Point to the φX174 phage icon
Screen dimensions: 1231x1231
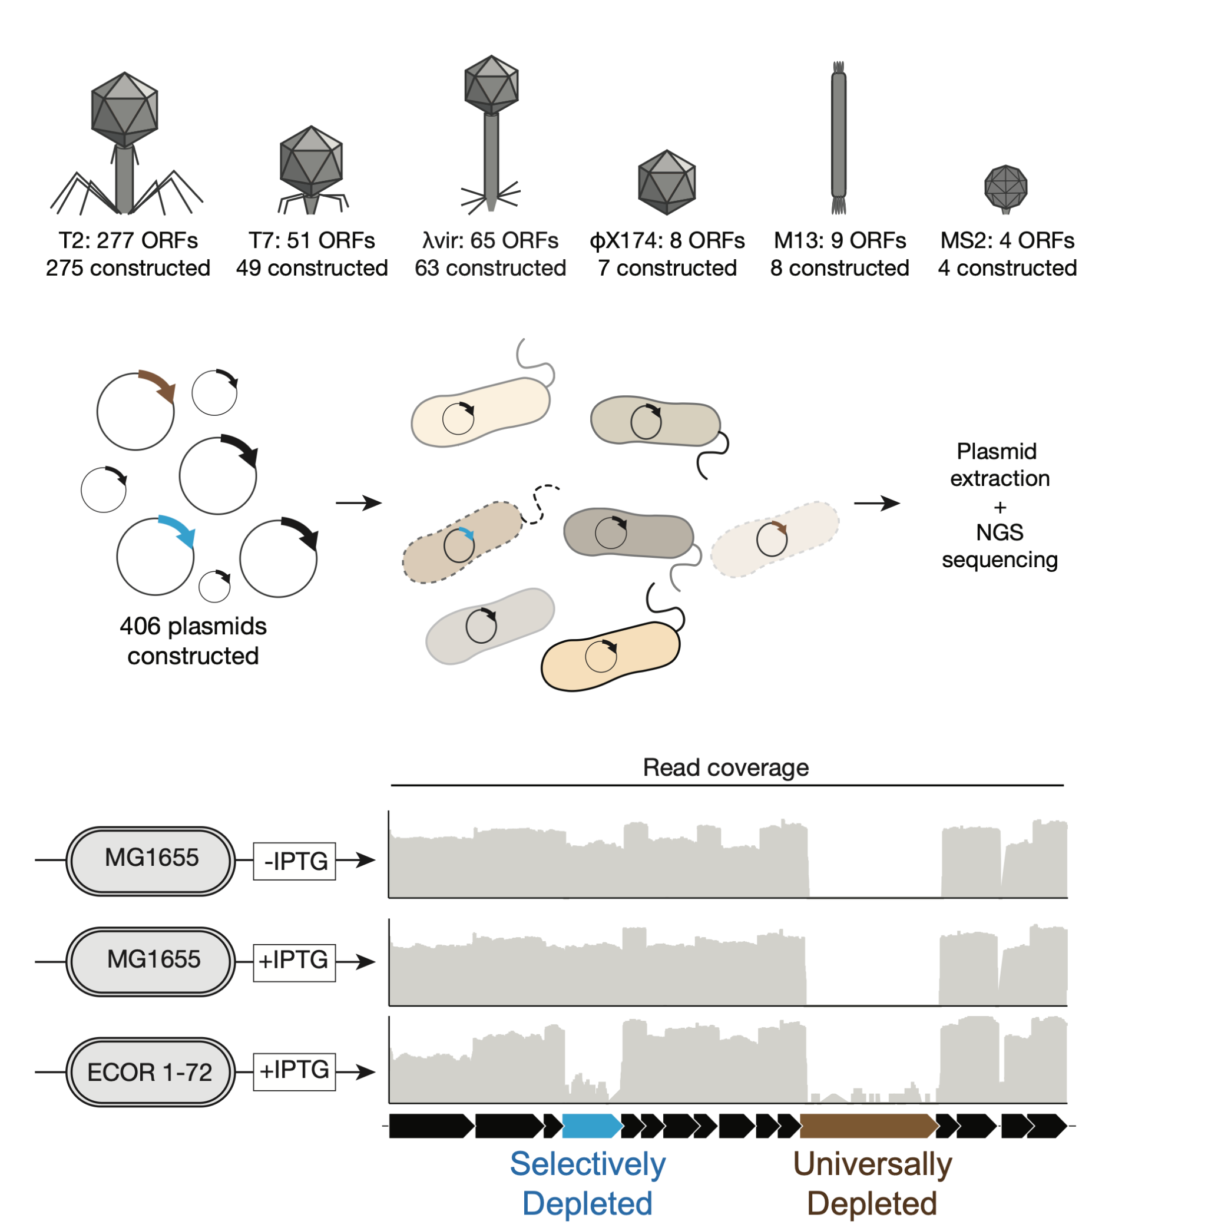[667, 181]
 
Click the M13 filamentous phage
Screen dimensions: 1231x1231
[839, 137]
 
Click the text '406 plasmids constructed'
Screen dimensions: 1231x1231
[193, 641]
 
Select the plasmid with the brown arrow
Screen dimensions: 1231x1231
[135, 411]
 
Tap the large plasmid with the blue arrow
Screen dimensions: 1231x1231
[155, 555]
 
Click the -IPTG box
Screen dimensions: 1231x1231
[294, 861]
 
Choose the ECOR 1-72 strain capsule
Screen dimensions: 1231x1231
[150, 1072]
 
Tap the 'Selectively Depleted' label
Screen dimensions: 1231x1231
[587, 1183]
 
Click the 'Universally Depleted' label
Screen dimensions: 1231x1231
[872, 1183]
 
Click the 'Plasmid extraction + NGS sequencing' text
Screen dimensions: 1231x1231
[999, 505]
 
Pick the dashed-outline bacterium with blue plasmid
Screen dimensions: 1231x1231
[462, 542]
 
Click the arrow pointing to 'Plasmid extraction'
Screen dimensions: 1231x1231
[877, 504]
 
